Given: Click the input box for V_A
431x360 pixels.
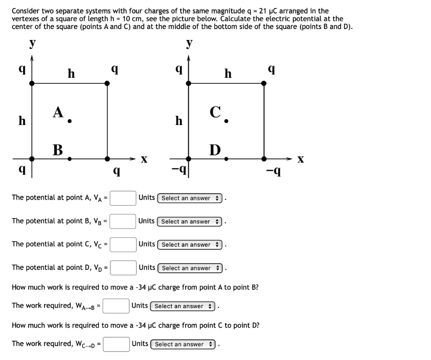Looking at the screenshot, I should pyautogui.click(x=123, y=198).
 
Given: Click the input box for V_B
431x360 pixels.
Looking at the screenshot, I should pyautogui.click(x=123, y=221).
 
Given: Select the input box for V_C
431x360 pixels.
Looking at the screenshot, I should pyautogui.click(x=123, y=244).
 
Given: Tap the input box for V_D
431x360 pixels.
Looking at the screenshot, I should pyautogui.click(x=123, y=268).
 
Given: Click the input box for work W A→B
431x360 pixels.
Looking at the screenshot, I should pyautogui.click(x=116, y=306).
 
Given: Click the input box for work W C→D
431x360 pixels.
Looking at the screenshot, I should pyautogui.click(x=117, y=344).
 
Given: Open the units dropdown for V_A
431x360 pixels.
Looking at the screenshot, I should pyautogui.click(x=191, y=198).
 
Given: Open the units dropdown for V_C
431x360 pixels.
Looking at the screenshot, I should pyautogui.click(x=191, y=245).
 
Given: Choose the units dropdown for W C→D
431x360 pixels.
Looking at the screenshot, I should pyautogui.click(x=184, y=344).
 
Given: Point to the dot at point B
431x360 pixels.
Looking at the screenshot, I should pyautogui.click(x=69, y=159).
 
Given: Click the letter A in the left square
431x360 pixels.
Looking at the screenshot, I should pyautogui.click(x=58, y=112).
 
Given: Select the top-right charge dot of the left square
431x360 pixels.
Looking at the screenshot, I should pyautogui.click(x=107, y=83).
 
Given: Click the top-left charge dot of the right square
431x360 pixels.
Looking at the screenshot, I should pyautogui.click(x=189, y=83).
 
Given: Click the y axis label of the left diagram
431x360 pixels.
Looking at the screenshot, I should pyautogui.click(x=32, y=43).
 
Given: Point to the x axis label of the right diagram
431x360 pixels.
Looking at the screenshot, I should pyautogui.click(x=300, y=160).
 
